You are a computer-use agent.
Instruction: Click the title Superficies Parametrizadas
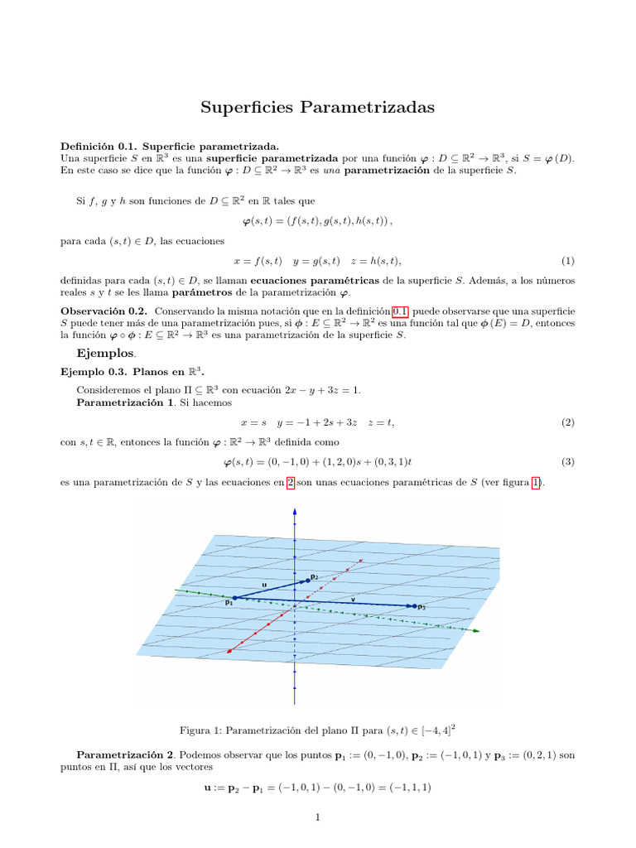[317, 108]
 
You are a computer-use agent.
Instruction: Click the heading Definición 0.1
[99, 146]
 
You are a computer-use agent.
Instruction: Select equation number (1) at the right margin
[567, 261]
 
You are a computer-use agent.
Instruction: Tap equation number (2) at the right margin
[567, 422]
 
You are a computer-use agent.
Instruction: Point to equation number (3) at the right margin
[567, 461]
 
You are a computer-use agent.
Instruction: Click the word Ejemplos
[106, 354]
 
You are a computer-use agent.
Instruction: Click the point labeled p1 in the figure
[234, 597]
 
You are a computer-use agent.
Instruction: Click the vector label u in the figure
[264, 585]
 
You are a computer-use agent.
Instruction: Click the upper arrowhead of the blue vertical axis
[295, 508]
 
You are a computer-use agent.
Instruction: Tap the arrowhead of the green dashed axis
[476, 631]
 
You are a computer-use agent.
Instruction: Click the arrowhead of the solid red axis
[229, 652]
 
